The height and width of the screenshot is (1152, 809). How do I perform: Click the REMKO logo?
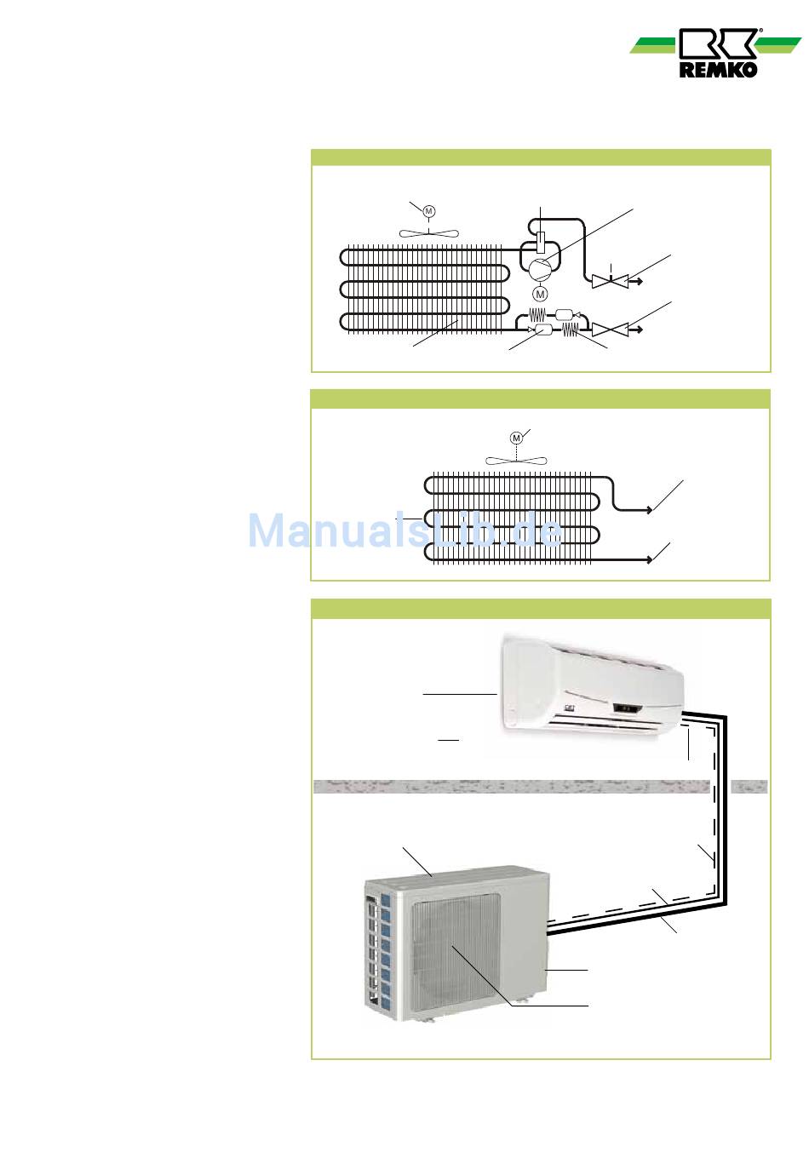tap(718, 53)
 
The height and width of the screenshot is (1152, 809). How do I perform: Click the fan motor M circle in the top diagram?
tap(429, 210)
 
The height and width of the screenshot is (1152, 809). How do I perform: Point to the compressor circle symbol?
tap(540, 269)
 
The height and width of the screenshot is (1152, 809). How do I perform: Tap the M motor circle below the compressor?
tap(539, 294)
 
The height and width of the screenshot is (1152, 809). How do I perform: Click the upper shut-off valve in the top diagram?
tap(611, 278)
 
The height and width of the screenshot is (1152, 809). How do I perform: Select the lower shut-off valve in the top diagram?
tap(611, 328)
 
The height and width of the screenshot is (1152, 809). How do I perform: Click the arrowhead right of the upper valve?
tap(637, 278)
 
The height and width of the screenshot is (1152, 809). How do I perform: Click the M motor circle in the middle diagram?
tap(516, 438)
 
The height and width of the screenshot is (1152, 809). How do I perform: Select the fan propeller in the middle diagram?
tap(516, 461)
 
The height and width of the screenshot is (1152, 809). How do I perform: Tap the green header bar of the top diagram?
tap(541, 158)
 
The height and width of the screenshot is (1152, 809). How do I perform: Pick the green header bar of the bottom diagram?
tap(541, 609)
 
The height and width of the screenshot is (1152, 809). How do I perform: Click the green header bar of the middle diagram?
tap(541, 399)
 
